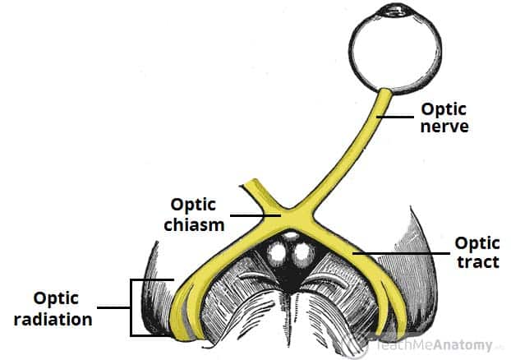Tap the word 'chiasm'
[196, 224]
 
